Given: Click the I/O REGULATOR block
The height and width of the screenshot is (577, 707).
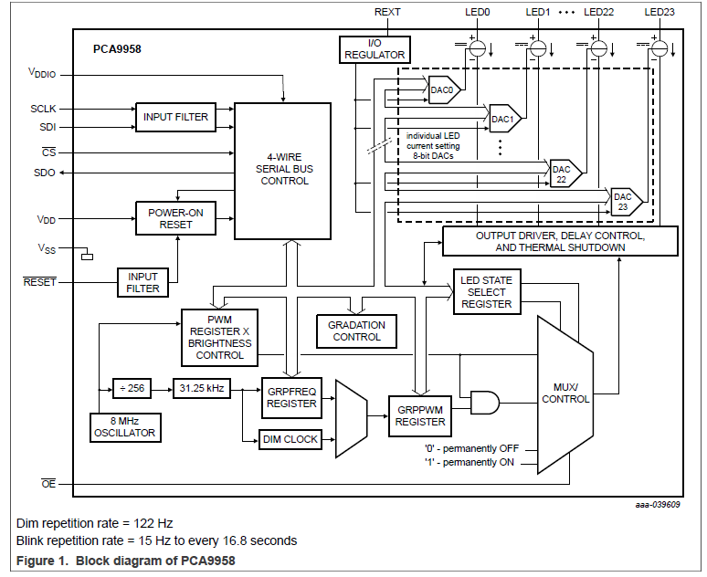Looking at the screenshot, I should [x=374, y=49].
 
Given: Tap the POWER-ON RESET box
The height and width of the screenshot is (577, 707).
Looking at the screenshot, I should [x=175, y=218].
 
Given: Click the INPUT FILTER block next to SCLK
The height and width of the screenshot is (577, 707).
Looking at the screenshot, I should [x=175, y=117].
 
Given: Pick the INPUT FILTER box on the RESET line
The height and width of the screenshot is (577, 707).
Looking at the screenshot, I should [x=142, y=282].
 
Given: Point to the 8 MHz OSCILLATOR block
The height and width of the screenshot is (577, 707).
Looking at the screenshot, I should [x=124, y=426].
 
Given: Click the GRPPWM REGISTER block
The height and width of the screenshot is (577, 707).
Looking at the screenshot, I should [x=420, y=415].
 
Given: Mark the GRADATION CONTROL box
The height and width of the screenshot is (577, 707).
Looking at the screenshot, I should [x=357, y=330].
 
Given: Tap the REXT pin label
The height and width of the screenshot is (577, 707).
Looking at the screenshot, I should [x=387, y=12].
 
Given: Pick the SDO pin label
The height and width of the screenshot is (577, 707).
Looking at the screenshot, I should [x=44, y=173].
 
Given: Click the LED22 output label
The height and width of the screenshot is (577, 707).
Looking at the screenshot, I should [x=600, y=12].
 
